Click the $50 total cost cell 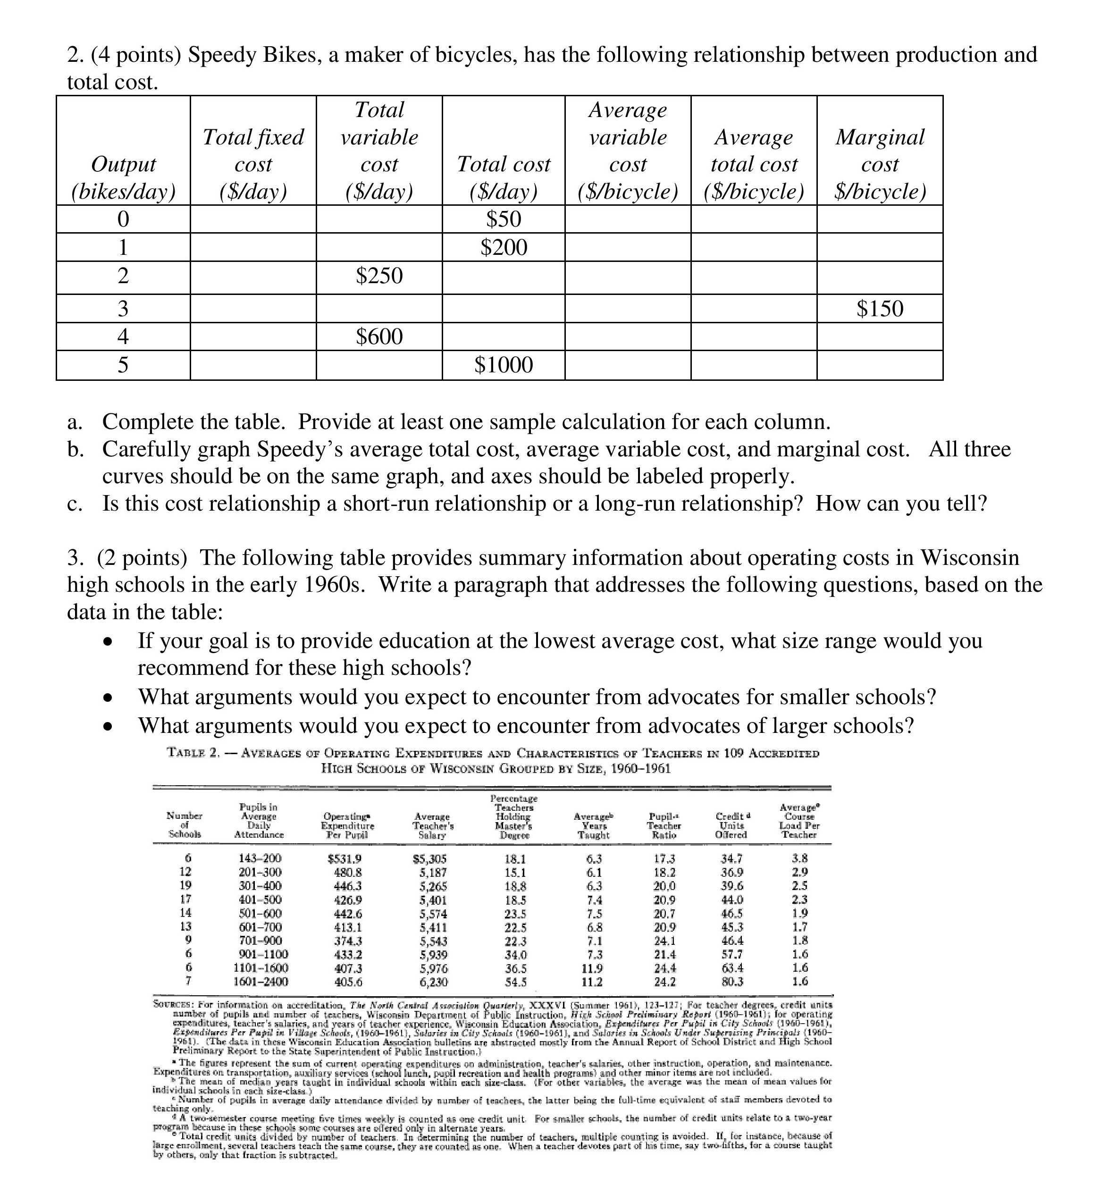click(x=503, y=219)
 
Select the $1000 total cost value click(x=503, y=365)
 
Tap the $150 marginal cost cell click(x=880, y=309)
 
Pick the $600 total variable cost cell click(x=379, y=336)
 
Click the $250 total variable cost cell click(x=379, y=275)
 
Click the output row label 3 click(x=123, y=309)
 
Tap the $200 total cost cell click(x=503, y=247)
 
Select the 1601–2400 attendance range click(x=261, y=981)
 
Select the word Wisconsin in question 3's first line click(x=970, y=558)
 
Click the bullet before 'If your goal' click(x=107, y=642)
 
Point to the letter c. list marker click(x=74, y=504)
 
